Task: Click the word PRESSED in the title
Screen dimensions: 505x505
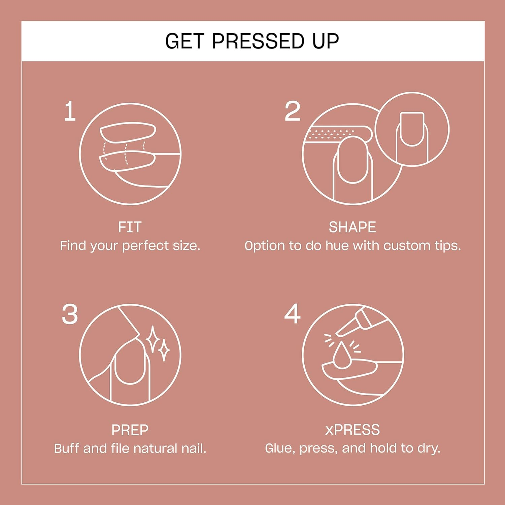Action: tap(258, 41)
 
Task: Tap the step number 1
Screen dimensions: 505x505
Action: tap(70, 111)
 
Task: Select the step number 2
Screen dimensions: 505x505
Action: tap(292, 111)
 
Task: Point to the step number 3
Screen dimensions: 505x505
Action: tap(70, 314)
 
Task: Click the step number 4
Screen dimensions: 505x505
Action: tap(292, 314)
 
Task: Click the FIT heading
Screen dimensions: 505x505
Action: tap(130, 227)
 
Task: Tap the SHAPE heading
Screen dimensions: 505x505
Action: tap(352, 227)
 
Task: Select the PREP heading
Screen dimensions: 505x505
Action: tap(130, 430)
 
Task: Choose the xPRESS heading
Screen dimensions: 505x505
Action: tap(352, 430)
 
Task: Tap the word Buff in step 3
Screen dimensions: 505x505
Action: tap(67, 448)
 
